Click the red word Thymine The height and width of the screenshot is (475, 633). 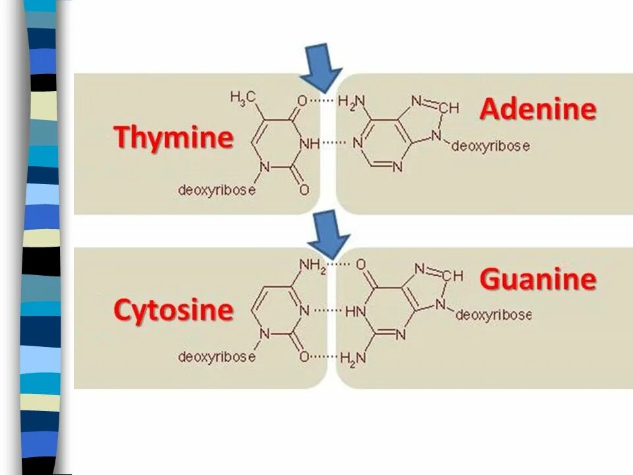click(x=173, y=138)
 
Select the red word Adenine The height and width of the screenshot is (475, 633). click(x=537, y=109)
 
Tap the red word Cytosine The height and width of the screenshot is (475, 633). click(x=173, y=310)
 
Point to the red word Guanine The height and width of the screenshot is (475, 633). click(x=537, y=279)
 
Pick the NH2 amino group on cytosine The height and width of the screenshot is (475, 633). click(x=313, y=265)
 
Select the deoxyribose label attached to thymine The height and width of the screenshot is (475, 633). click(x=216, y=190)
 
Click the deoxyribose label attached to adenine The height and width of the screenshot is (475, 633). click(x=490, y=146)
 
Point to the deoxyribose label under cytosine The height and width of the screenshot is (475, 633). click(x=216, y=357)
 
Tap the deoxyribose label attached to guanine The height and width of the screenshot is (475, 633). click(x=493, y=315)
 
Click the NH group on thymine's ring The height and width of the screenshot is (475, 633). click(x=309, y=142)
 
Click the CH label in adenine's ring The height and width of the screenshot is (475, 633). click(x=448, y=108)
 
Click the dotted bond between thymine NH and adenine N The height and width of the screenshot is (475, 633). click(x=334, y=142)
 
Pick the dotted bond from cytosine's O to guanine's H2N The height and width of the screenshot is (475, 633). click(x=324, y=356)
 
